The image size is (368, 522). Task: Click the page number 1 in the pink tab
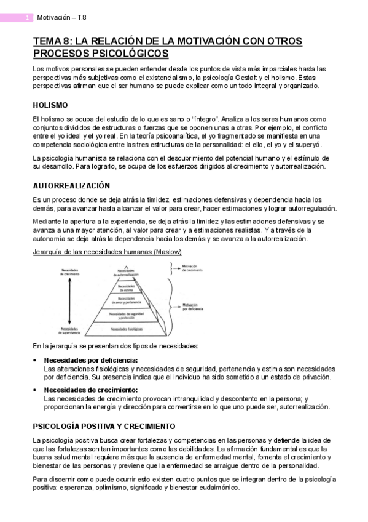tap(27, 18)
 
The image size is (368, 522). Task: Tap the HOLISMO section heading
tap(50, 105)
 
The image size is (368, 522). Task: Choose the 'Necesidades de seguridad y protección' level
tap(126, 315)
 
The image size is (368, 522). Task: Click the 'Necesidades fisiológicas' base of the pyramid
tap(126, 331)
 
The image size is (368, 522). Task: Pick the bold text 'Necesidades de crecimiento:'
tap(91, 390)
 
